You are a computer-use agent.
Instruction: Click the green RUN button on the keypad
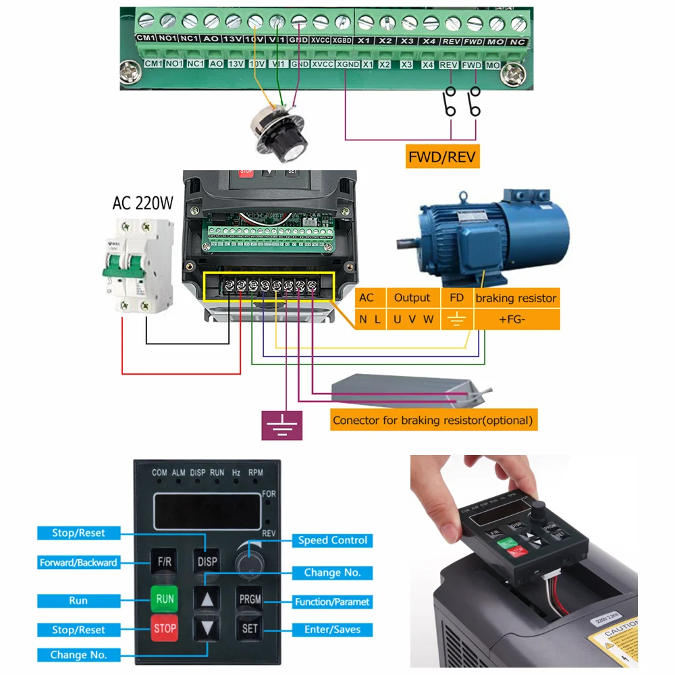click(x=165, y=599)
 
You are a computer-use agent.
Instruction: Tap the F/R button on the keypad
click(x=165, y=562)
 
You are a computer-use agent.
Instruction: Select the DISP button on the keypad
click(x=207, y=562)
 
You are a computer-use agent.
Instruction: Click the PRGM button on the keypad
click(x=249, y=599)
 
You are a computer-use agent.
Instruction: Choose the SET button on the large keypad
click(x=249, y=628)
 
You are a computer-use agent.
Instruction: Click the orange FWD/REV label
click(x=442, y=158)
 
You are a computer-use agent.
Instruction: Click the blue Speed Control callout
click(x=332, y=540)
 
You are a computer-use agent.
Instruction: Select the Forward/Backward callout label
click(x=78, y=562)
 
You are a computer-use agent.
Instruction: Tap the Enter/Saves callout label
click(x=332, y=630)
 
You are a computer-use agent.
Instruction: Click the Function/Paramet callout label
click(x=332, y=601)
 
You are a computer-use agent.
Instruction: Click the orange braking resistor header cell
click(x=516, y=298)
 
